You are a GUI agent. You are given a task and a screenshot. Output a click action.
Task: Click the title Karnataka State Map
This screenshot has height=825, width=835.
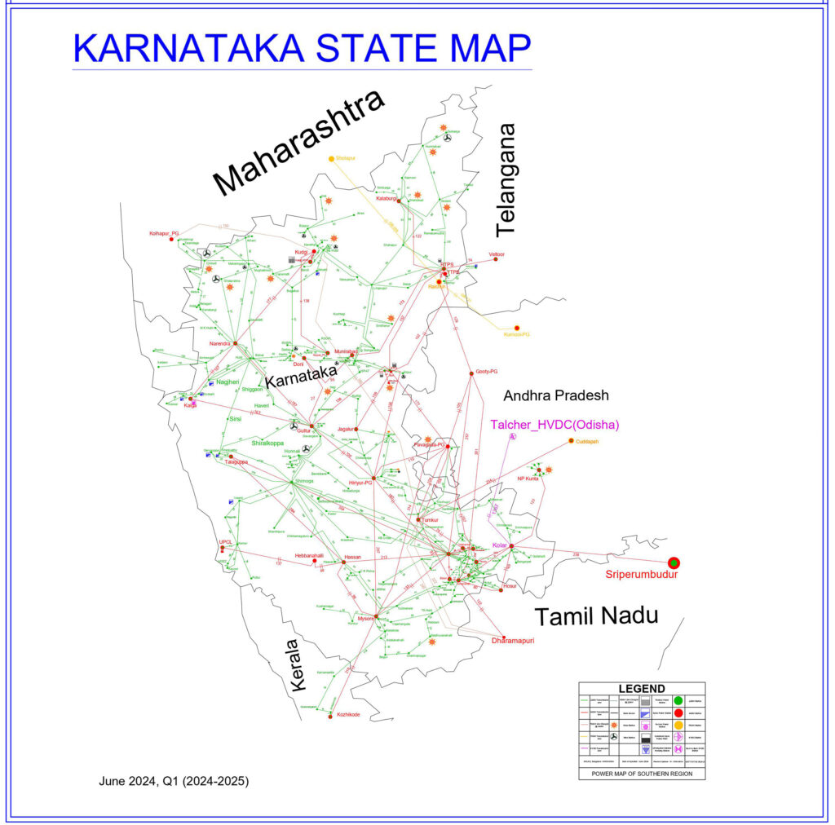click(x=302, y=48)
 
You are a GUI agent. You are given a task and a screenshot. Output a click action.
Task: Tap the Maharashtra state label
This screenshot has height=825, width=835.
click(x=298, y=143)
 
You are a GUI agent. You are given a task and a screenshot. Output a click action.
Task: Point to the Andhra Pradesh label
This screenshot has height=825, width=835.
click(x=556, y=395)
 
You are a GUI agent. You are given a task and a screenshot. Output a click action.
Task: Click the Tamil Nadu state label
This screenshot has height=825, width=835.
click(x=595, y=615)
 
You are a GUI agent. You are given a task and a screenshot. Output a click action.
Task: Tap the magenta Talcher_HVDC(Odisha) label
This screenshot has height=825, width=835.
click(x=554, y=425)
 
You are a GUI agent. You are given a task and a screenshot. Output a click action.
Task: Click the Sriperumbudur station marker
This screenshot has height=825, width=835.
click(x=674, y=562)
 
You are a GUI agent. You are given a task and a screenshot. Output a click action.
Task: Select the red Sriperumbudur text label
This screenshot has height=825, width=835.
click(x=642, y=575)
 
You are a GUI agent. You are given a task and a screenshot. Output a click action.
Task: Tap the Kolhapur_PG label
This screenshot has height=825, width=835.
click(x=164, y=233)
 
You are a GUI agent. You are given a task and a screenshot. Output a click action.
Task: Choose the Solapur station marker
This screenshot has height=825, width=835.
click(x=331, y=158)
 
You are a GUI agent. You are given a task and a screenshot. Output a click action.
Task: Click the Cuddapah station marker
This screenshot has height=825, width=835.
click(x=572, y=441)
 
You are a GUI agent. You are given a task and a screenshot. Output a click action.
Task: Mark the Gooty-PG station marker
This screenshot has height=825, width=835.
click(x=471, y=373)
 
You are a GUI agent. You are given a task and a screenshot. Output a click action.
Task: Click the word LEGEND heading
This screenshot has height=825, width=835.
click(x=642, y=689)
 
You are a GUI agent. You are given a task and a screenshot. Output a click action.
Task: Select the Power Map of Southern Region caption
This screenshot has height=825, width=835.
click(x=642, y=773)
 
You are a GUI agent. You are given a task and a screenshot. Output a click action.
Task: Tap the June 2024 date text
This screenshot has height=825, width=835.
click(x=174, y=780)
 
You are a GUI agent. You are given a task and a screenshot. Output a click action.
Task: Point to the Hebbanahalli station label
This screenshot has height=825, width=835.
click(x=309, y=556)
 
